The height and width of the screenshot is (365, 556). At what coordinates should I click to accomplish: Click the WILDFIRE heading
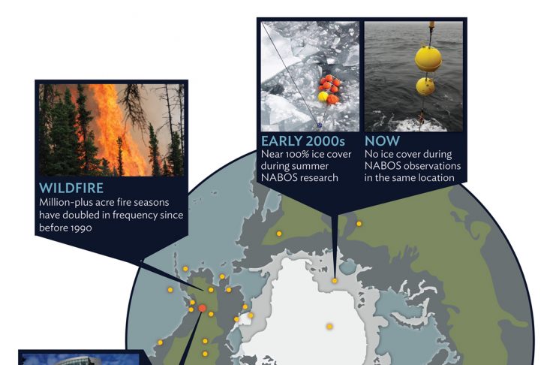pyautogui.click(x=71, y=188)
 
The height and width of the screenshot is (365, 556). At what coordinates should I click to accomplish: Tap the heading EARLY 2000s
pyautogui.click(x=303, y=141)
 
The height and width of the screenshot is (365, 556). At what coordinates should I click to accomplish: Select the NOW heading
pyautogui.click(x=382, y=141)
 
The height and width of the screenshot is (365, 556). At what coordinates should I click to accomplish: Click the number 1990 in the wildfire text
pyautogui.click(x=81, y=228)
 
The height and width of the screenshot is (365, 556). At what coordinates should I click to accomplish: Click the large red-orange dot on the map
pyautogui.click(x=202, y=308)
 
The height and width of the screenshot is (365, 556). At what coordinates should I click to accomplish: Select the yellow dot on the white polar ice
pyautogui.click(x=329, y=326)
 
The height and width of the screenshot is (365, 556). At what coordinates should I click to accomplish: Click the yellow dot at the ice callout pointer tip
pyautogui.click(x=335, y=281)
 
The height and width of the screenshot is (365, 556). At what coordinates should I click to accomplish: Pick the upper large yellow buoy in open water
pyautogui.click(x=428, y=59)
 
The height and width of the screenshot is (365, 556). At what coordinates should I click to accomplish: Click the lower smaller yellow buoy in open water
pyautogui.click(x=425, y=86)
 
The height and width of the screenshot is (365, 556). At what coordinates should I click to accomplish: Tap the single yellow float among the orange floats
pyautogui.click(x=323, y=97)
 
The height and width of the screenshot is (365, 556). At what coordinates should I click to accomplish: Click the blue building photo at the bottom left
pyautogui.click(x=80, y=358)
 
